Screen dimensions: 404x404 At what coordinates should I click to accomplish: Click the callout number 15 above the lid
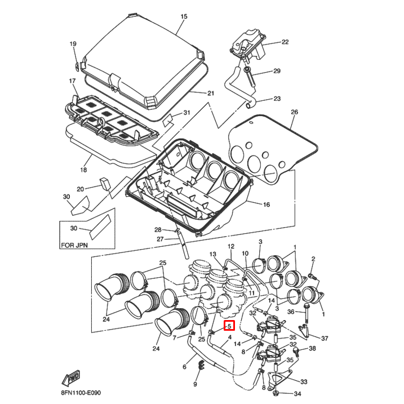point(183,17)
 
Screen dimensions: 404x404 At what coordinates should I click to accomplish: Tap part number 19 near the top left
point(73,44)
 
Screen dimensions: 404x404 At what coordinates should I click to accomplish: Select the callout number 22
point(285,42)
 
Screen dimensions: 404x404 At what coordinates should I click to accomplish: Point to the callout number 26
point(294,112)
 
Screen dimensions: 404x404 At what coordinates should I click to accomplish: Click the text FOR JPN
point(75,246)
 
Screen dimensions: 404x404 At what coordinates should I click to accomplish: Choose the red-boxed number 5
point(229,326)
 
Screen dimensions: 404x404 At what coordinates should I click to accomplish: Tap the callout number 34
point(298,393)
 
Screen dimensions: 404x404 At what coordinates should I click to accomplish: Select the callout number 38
point(312,348)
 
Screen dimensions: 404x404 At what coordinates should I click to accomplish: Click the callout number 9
point(195,384)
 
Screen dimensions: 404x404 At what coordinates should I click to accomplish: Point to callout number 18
point(83,169)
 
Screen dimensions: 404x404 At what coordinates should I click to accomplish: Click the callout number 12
point(230,247)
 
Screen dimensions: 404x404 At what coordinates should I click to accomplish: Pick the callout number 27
point(159,239)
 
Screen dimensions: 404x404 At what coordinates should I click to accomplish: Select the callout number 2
point(313,258)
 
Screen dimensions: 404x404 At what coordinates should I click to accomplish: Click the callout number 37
point(325,338)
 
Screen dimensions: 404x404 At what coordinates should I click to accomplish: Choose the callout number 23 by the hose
point(277,99)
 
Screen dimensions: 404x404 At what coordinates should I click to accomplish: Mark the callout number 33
point(304,381)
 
